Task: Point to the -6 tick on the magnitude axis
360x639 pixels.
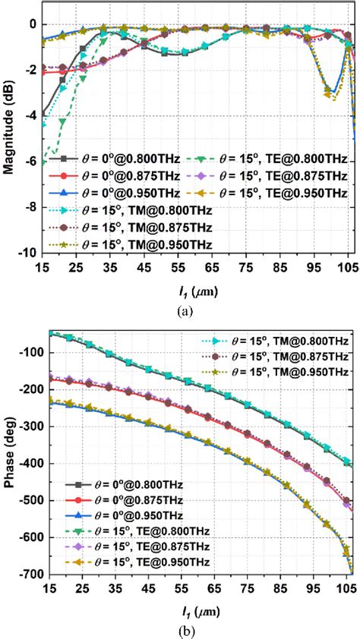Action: (28, 161)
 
